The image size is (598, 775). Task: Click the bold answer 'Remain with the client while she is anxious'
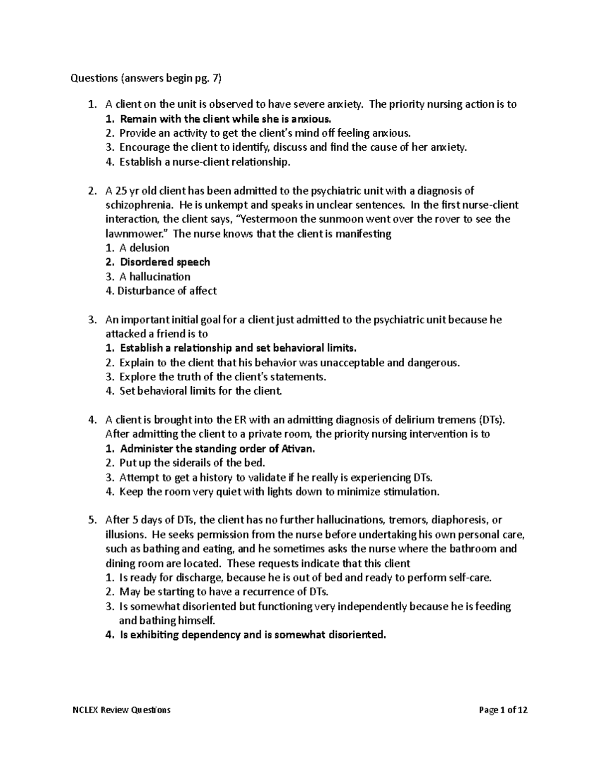(x=225, y=119)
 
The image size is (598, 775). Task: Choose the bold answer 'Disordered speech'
(x=164, y=262)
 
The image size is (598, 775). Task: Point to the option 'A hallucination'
(x=154, y=277)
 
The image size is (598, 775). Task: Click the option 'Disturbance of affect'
(x=166, y=291)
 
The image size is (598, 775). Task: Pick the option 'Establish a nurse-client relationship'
(x=204, y=162)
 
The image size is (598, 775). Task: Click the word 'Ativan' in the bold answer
(x=298, y=449)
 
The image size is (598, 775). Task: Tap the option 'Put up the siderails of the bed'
(x=192, y=463)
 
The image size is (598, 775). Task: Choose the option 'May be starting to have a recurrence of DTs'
(x=224, y=592)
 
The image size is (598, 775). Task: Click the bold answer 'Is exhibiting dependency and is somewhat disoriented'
(x=253, y=635)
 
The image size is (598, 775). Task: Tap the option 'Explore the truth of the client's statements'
(x=222, y=377)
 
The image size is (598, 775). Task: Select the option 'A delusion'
(x=144, y=248)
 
